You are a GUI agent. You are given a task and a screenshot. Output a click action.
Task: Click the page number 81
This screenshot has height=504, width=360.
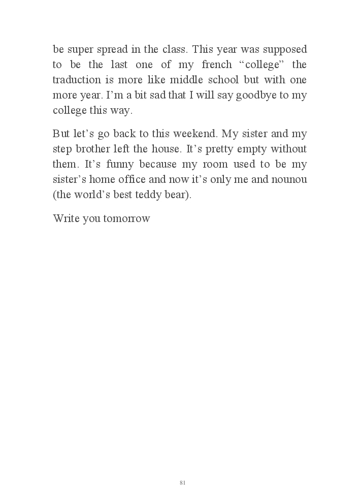(183, 483)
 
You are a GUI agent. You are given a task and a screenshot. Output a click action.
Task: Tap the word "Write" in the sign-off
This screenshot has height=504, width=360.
(65, 219)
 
